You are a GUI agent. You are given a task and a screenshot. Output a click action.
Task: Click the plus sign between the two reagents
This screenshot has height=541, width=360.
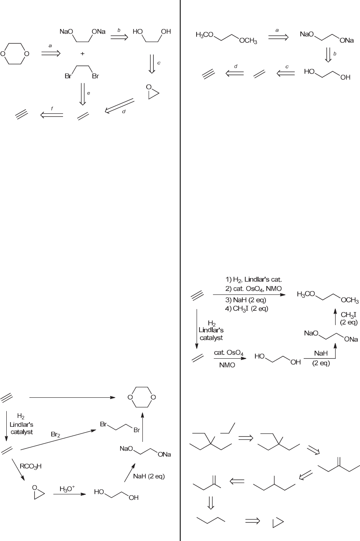coord(83,54)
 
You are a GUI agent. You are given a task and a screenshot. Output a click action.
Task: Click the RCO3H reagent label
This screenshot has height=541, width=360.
coord(31,466)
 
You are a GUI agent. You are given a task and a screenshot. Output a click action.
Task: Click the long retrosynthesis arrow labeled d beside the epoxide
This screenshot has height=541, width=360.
coord(119,106)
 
